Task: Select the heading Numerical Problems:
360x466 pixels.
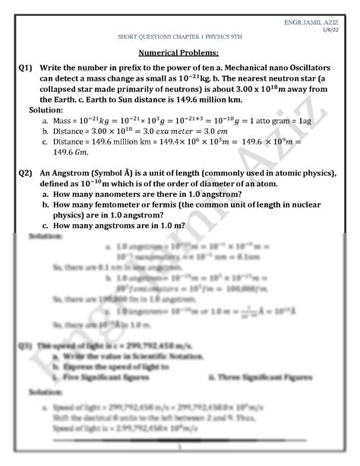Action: [x=178, y=52]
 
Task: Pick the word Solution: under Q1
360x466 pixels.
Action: [x=46, y=110]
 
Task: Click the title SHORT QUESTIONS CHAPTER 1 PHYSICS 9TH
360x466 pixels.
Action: [x=178, y=36]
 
